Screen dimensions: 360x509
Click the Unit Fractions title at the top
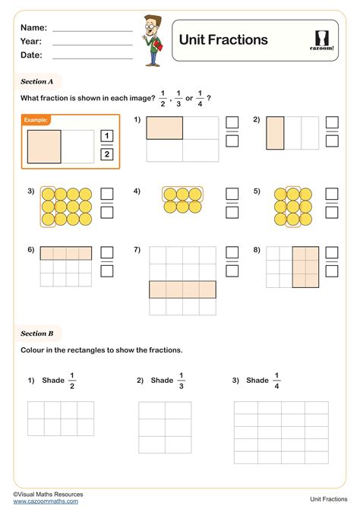[x=223, y=40]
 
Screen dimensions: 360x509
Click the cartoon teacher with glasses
[x=150, y=38]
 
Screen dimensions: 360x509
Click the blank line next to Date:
[x=92, y=57]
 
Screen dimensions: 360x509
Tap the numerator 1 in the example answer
[x=106, y=136]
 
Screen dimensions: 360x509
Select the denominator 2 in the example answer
[x=106, y=154]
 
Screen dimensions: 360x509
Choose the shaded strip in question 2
[x=275, y=132]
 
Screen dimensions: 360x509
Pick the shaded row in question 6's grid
[x=66, y=254]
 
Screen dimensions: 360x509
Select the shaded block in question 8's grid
[x=305, y=267]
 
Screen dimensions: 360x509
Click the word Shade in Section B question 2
[x=162, y=380]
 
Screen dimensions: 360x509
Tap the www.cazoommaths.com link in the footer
[x=46, y=501]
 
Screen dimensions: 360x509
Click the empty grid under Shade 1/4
[x=281, y=432]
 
